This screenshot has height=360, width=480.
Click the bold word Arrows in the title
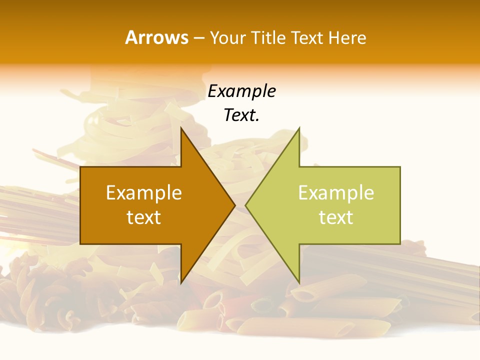[x=157, y=37]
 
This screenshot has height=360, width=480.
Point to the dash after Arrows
[x=199, y=38]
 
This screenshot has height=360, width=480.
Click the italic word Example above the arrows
[x=241, y=91]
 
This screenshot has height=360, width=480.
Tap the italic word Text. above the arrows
[x=241, y=115]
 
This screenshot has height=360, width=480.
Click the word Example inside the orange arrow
[x=144, y=193]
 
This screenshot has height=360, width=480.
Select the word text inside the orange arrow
[x=144, y=217]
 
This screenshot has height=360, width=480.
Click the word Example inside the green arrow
[x=336, y=193]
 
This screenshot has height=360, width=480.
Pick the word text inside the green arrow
[x=336, y=217]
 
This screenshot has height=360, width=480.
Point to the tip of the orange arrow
[x=235, y=205]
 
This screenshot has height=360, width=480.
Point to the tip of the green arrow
[x=245, y=205]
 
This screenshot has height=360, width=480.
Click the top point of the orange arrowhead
[x=181, y=128]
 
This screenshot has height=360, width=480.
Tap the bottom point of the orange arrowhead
[x=181, y=283]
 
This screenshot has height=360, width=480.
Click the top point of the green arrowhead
[x=299, y=128]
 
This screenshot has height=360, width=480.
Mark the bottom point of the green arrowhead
[x=299, y=283]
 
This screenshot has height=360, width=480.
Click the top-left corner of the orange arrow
[x=80, y=167]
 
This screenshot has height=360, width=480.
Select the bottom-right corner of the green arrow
[x=400, y=244]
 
